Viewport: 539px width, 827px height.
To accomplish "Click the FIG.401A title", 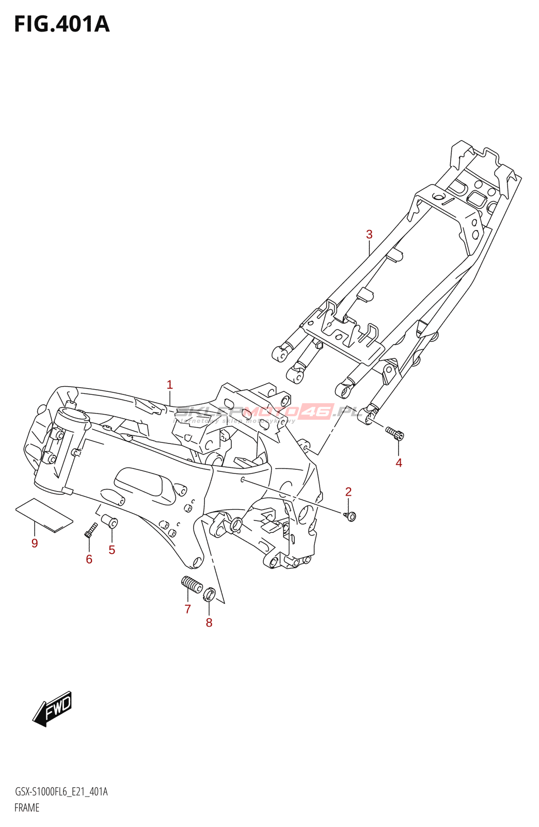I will [62, 24].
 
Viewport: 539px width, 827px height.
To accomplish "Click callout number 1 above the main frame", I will [170, 385].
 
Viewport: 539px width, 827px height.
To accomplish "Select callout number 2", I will [348, 492].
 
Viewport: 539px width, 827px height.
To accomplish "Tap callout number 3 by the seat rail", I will [369, 234].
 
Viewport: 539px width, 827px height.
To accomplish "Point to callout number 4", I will [399, 463].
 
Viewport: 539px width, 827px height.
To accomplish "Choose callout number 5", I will [112, 549].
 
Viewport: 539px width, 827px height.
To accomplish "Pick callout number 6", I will [89, 559].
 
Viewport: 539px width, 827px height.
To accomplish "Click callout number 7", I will [188, 609].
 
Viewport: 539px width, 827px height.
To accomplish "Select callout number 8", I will [209, 622].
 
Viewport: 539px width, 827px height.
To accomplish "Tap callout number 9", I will [35, 543].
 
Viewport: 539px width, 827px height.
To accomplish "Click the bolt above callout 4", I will [394, 433].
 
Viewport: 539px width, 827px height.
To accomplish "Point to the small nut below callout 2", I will [350, 515].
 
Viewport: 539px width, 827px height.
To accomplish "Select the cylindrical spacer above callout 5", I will [109, 520].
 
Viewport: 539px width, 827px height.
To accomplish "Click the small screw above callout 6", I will [90, 529].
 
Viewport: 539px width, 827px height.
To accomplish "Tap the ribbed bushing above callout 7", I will [192, 585].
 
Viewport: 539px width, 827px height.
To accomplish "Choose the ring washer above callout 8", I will [209, 594].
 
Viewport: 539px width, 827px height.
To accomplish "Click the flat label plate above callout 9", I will [44, 515].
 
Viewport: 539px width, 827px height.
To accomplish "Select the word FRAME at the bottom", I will [27, 807].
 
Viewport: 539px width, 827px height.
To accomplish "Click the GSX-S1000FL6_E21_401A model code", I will [61, 791].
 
